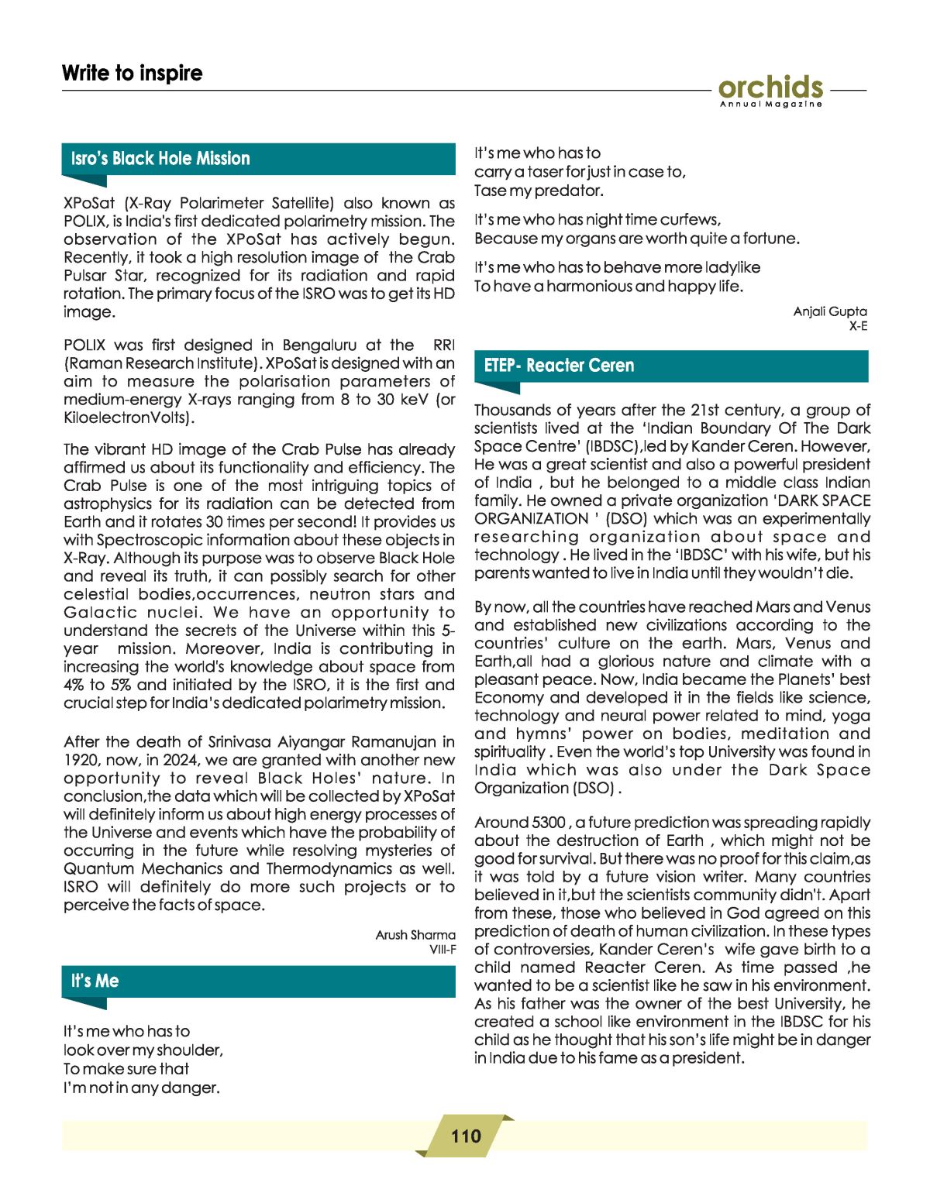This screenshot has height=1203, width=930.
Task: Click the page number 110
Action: [x=466, y=1136]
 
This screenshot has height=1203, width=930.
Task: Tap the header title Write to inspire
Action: [x=132, y=73]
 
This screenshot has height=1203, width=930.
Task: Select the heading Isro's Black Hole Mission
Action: [x=160, y=159]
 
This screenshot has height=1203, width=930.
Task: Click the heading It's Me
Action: [x=95, y=981]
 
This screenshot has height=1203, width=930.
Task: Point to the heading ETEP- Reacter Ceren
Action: [x=559, y=366]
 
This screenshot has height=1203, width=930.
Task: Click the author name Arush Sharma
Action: [x=415, y=935]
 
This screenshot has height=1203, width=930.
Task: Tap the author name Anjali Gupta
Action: [x=830, y=311]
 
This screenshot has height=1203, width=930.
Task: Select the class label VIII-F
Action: [x=443, y=950]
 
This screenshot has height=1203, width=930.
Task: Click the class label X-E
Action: [x=858, y=326]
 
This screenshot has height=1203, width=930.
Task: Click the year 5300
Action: [x=548, y=823]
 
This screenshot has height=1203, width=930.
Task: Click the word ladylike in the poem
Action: [x=732, y=267]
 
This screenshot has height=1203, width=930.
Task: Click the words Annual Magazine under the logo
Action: [x=770, y=105]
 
